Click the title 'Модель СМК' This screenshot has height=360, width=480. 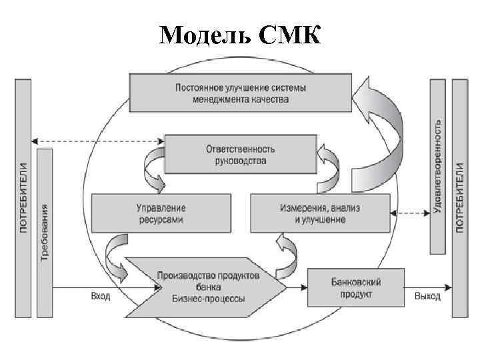(x=240, y=34)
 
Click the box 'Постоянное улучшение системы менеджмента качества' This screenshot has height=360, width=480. (x=241, y=93)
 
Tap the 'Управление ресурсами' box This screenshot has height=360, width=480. (x=161, y=213)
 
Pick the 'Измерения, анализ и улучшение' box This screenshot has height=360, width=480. (x=319, y=213)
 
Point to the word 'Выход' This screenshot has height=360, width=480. (x=427, y=295)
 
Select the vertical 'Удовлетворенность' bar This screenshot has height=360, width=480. (x=437, y=167)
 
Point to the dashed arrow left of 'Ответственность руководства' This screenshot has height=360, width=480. (x=97, y=141)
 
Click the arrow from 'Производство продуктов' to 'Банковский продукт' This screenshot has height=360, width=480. (x=297, y=287)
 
